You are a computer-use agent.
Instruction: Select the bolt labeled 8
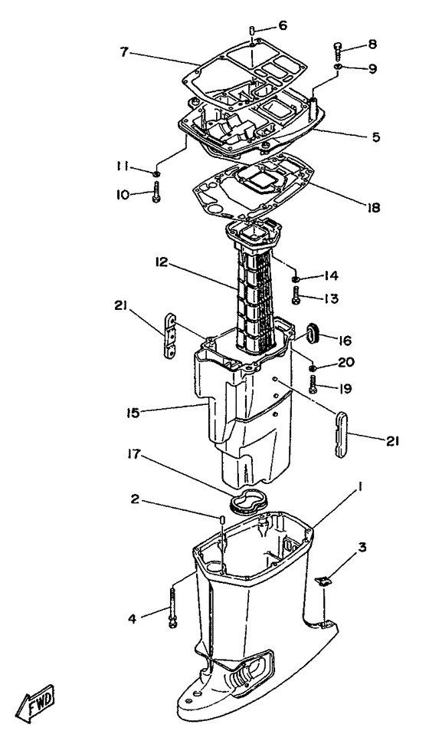[337, 50]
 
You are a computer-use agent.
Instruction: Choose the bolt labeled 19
[314, 385]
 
